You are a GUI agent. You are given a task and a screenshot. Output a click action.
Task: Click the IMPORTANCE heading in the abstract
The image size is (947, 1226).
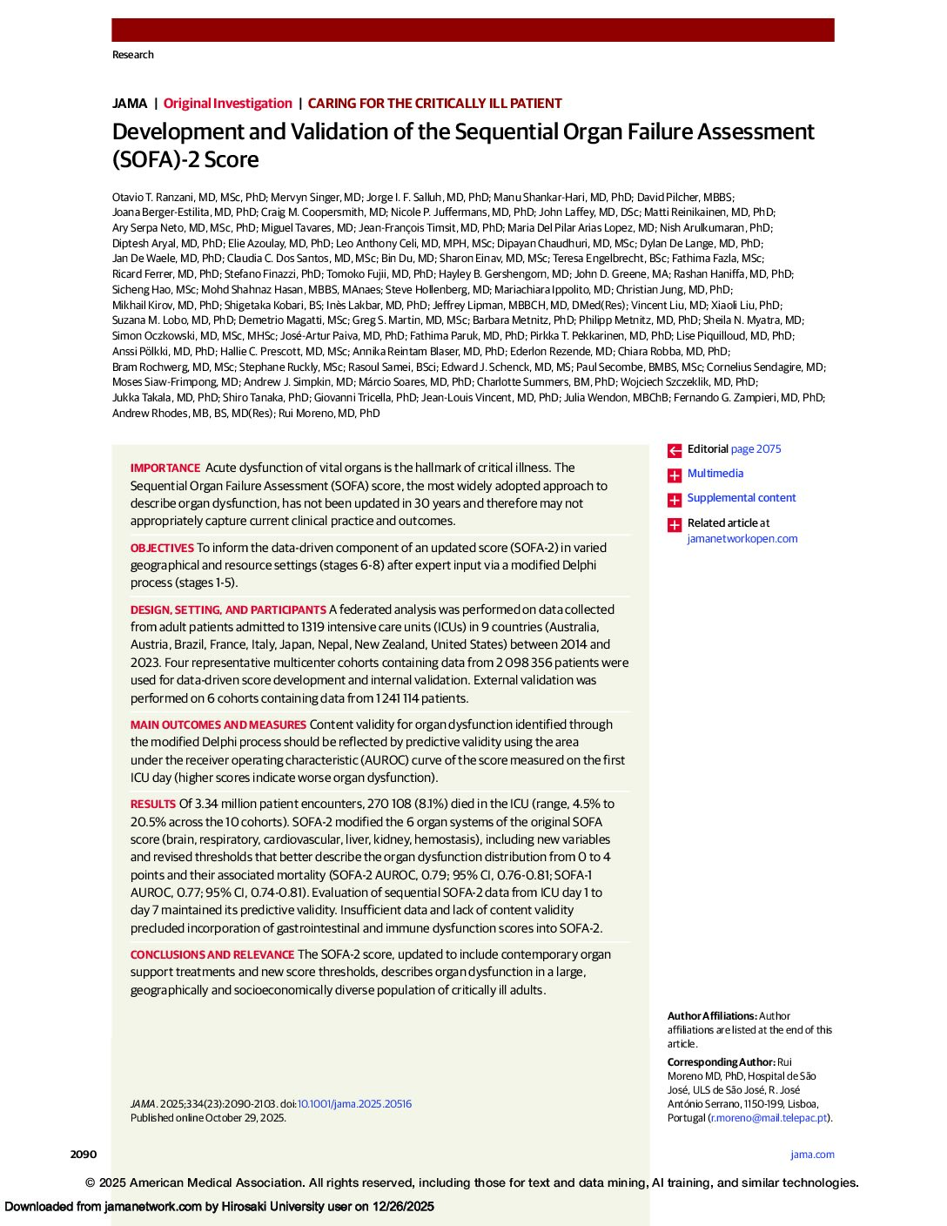[165, 468]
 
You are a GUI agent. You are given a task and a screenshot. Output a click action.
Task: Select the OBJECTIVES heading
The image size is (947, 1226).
[162, 549]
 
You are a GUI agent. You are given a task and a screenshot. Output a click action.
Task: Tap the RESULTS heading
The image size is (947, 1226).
[153, 805]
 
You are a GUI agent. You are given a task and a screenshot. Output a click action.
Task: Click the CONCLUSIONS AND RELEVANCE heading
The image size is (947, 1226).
[212, 955]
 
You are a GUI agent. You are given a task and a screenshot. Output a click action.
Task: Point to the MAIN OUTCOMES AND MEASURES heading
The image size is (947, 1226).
[218, 725]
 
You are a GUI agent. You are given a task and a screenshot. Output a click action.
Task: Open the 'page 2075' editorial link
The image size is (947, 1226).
[756, 449]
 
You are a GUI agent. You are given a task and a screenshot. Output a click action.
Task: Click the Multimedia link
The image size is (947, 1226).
[715, 474]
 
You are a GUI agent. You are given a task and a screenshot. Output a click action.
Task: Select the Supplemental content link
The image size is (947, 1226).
[742, 498]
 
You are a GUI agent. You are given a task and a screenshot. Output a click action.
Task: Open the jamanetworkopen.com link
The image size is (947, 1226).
[742, 539]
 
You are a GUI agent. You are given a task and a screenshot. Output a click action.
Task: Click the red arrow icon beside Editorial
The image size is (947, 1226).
[675, 451]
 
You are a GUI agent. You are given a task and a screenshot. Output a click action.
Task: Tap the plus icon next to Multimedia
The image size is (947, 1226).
[675, 475]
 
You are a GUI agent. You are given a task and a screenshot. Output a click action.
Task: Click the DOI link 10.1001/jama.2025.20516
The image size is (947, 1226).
[354, 1104]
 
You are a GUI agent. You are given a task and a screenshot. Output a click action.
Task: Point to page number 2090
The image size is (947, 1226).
[84, 1155]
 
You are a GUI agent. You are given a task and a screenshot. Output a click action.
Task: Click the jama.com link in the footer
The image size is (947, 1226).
[812, 1155]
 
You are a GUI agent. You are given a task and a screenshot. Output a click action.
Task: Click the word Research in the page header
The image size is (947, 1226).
[133, 55]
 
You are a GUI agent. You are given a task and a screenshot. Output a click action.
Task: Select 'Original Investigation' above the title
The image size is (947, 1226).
[228, 104]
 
